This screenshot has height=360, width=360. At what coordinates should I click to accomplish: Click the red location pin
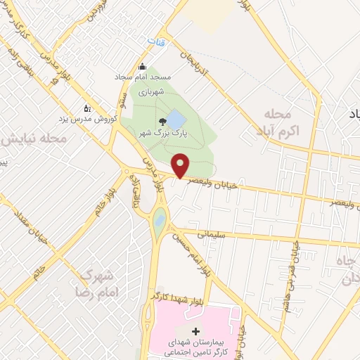pos(181,165)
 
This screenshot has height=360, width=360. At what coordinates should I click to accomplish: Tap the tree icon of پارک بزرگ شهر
pos(164,121)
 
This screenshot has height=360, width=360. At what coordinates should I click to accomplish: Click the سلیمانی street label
pos(210,237)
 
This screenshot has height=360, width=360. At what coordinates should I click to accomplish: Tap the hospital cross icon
pos(195,330)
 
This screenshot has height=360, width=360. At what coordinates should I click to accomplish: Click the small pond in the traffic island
pos(160,221)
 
